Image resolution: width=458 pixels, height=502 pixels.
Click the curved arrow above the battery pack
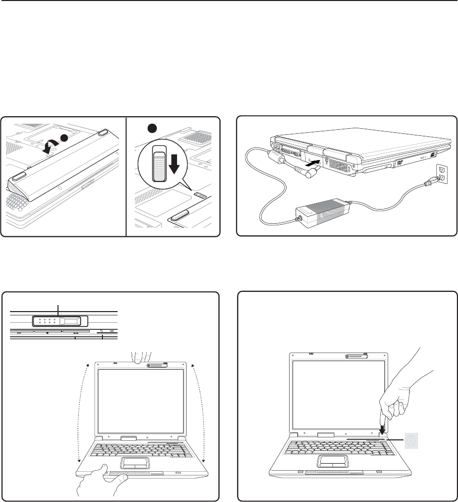[x=49, y=145]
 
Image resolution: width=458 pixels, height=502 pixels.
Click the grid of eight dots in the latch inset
[x=46, y=321]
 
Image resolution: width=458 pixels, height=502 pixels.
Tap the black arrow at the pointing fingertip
[x=382, y=429]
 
